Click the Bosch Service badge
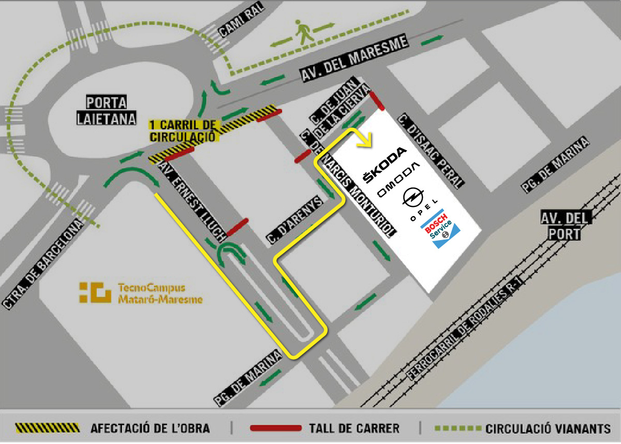click(x=440, y=229)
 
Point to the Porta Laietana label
click(x=107, y=110)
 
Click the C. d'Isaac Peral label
click(x=432, y=151)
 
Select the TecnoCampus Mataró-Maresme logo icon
click(x=95, y=292)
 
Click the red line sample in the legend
click(x=275, y=428)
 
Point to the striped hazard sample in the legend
click(x=48, y=428)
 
